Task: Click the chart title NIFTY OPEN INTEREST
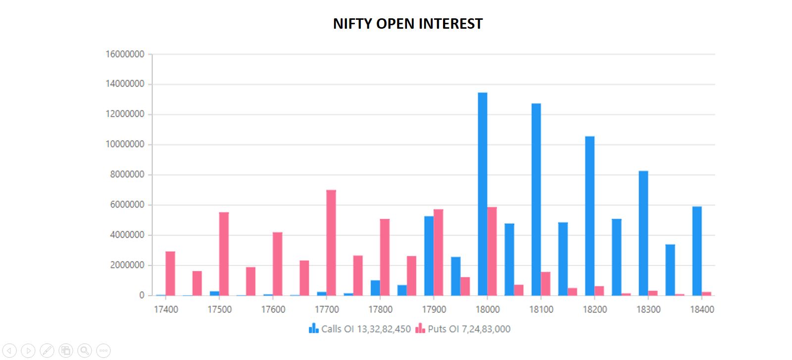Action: [x=407, y=24]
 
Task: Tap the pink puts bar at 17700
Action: [x=331, y=243]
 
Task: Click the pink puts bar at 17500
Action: [x=224, y=254]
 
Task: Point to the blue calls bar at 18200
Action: [x=590, y=216]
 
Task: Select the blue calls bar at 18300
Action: [x=643, y=233]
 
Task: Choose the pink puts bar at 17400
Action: [x=170, y=273]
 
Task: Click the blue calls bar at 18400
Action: [x=697, y=251]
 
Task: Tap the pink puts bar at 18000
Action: [x=492, y=251]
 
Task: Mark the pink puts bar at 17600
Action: [x=278, y=264]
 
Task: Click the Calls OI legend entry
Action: [x=360, y=329]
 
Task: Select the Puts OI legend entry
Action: [x=463, y=329]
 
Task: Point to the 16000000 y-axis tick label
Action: [x=125, y=54]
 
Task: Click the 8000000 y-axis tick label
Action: [x=127, y=174]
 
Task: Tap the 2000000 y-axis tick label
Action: [x=127, y=265]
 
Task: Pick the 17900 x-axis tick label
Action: [x=434, y=309]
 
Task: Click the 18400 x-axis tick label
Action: [x=702, y=309]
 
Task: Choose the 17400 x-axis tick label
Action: [x=166, y=309]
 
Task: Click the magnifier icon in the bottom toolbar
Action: [x=85, y=351]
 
